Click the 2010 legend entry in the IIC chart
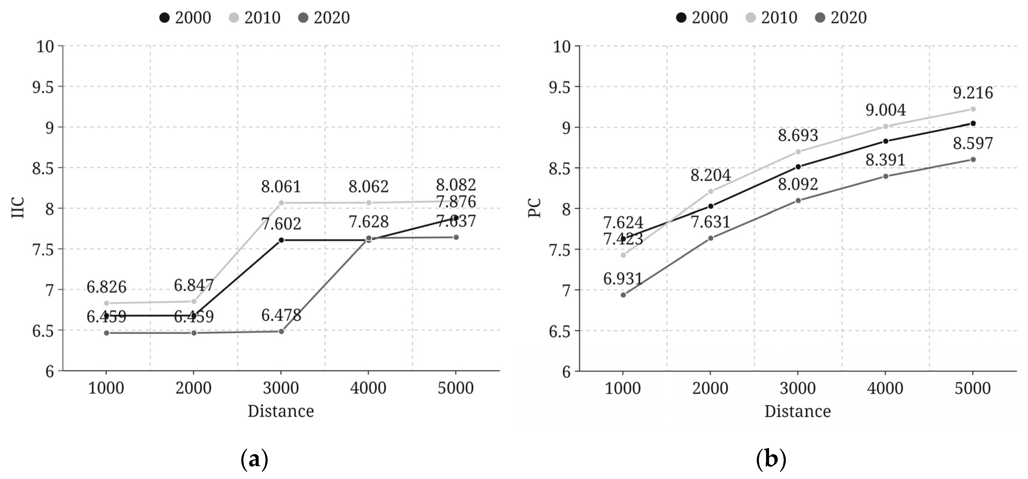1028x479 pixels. point(255,18)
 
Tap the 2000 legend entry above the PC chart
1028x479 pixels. point(702,18)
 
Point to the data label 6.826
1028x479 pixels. point(107,287)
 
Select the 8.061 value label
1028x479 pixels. point(281,186)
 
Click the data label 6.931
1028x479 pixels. point(623,278)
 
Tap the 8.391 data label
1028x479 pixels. point(885,160)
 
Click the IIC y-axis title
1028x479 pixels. point(18,208)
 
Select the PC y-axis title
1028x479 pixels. point(535,208)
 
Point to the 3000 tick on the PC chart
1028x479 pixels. point(798,388)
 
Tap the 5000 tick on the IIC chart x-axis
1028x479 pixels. point(456,388)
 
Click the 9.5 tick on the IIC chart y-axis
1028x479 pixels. point(43,87)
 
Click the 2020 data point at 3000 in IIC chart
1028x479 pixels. point(281,331)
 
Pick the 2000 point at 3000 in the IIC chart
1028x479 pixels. point(281,240)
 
